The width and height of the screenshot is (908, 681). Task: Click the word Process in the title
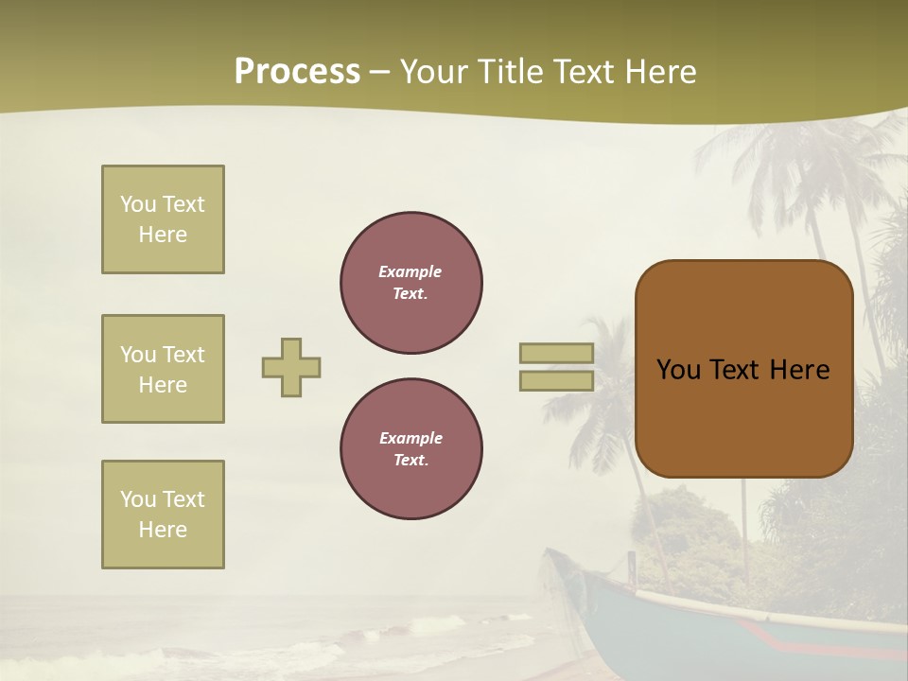[x=297, y=72]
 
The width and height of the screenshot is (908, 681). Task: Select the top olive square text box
[x=163, y=219]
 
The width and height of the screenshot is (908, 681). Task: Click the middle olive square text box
[x=163, y=369]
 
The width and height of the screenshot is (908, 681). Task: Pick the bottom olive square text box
[x=163, y=515]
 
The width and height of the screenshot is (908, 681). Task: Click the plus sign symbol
[x=291, y=367]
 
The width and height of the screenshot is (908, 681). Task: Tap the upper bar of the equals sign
[x=556, y=353]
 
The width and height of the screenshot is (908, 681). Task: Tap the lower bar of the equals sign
[x=556, y=380]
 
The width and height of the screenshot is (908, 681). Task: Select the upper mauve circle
[x=411, y=282]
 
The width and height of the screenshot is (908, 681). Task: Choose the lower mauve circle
[x=411, y=448]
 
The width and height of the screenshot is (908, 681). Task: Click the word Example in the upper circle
[x=410, y=271]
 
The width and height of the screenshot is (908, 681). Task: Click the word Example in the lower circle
[x=410, y=438]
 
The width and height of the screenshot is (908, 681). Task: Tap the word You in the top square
[x=138, y=204]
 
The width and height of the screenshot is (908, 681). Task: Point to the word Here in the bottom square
[x=163, y=530]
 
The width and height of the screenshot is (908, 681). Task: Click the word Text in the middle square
[x=183, y=355]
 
